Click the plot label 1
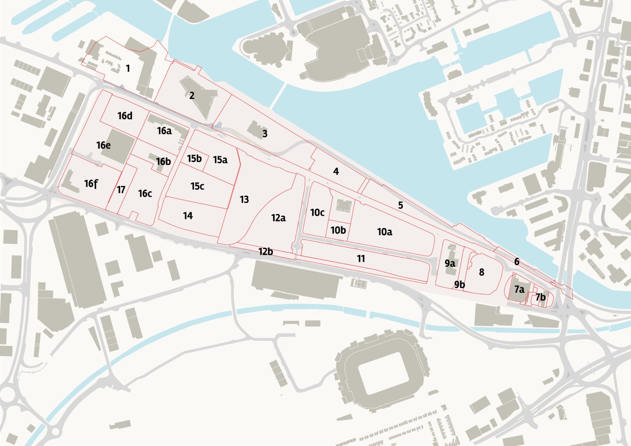128,68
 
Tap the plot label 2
192,95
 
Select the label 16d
125,116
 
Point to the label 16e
104,145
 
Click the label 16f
91,184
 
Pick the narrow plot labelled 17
121,190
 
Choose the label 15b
194,158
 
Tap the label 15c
197,186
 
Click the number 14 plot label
188,216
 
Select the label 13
244,199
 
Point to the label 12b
265,251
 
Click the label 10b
338,230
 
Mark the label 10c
317,213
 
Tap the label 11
361,259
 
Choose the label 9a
449,263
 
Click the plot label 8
481,272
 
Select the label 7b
541,297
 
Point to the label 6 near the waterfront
517,261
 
